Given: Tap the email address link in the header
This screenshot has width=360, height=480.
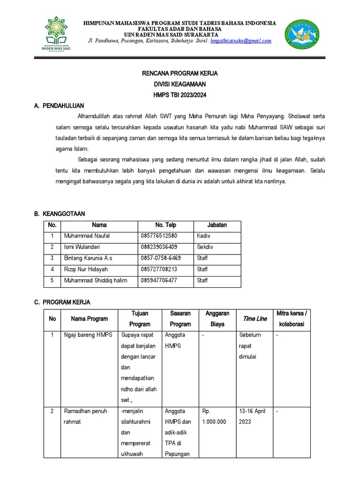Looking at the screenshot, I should (241, 41).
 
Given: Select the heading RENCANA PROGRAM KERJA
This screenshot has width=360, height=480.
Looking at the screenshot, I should (180, 74).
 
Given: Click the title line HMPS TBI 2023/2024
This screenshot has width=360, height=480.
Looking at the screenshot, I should (180, 95).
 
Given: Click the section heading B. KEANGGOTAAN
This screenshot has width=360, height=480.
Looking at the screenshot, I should (60, 214).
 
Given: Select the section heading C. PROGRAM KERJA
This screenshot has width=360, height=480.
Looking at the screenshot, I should (62, 302).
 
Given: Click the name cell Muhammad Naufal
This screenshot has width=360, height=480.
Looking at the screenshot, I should (87, 236).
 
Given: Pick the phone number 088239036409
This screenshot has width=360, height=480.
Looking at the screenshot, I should (159, 247).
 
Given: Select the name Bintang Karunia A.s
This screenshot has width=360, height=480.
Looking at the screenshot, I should (88, 258).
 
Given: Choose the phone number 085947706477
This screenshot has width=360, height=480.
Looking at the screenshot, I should (159, 280).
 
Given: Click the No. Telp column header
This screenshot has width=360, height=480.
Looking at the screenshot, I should (165, 225).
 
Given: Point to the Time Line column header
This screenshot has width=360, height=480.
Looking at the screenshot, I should (255, 319).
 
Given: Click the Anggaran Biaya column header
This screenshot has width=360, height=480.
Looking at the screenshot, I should (217, 319).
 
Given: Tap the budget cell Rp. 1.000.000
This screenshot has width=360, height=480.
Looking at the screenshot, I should (214, 416).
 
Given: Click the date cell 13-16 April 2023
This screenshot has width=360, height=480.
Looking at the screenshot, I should (252, 416).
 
